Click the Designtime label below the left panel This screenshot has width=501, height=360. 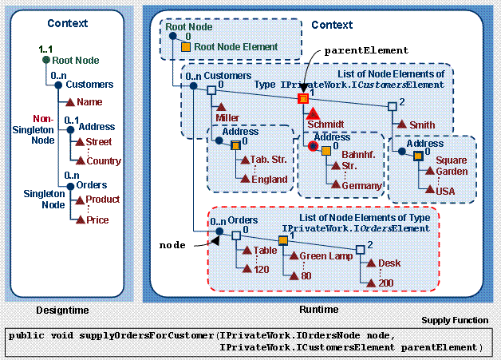[x=63, y=310]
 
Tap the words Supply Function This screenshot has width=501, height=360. [x=455, y=320]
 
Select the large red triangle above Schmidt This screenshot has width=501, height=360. [x=313, y=113]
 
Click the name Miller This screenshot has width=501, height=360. [x=227, y=118]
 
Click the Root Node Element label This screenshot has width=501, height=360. [x=236, y=47]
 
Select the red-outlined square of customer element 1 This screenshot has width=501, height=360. [x=302, y=98]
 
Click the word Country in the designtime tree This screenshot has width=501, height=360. [x=104, y=160]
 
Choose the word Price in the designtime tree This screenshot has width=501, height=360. [x=97, y=220]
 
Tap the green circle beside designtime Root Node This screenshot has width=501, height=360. [x=45, y=60]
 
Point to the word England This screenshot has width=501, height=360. [x=269, y=179]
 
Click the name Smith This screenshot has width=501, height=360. [x=422, y=125]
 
